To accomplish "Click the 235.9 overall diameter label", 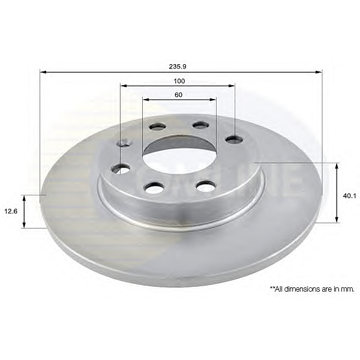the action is [178, 67].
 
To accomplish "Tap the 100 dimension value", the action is [179, 81].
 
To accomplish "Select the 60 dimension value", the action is [178, 95].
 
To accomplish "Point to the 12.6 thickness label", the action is [11, 211].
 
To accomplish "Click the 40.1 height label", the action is [349, 196].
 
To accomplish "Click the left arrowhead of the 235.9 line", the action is [44, 72].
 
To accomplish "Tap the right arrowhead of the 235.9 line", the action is [319, 72].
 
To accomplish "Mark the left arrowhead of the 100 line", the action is [124, 86].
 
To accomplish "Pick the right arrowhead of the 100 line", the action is [231, 86].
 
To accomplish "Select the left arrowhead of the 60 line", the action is [146, 100].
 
